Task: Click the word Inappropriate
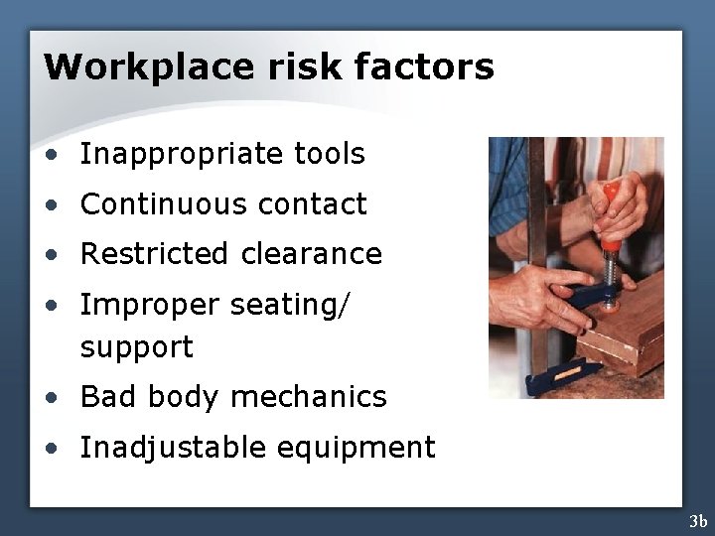click(x=183, y=155)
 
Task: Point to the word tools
click(x=330, y=154)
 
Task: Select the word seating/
click(x=290, y=305)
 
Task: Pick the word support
click(x=136, y=348)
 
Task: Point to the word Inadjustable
click(x=173, y=448)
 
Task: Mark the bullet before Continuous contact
click(x=50, y=205)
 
